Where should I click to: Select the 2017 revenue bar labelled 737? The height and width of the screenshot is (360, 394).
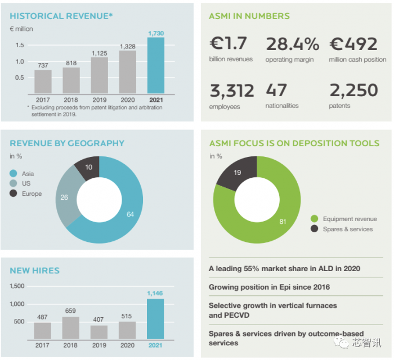click(x=43, y=82)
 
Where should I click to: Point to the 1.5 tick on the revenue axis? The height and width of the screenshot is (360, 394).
click(x=20, y=45)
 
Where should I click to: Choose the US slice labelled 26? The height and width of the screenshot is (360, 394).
click(x=66, y=197)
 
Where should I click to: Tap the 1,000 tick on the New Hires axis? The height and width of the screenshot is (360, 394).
click(x=17, y=304)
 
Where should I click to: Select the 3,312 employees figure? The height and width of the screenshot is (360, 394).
click(x=231, y=91)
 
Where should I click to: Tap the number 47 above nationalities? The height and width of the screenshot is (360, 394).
click(x=276, y=91)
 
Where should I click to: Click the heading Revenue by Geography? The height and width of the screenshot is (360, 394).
click(x=67, y=143)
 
